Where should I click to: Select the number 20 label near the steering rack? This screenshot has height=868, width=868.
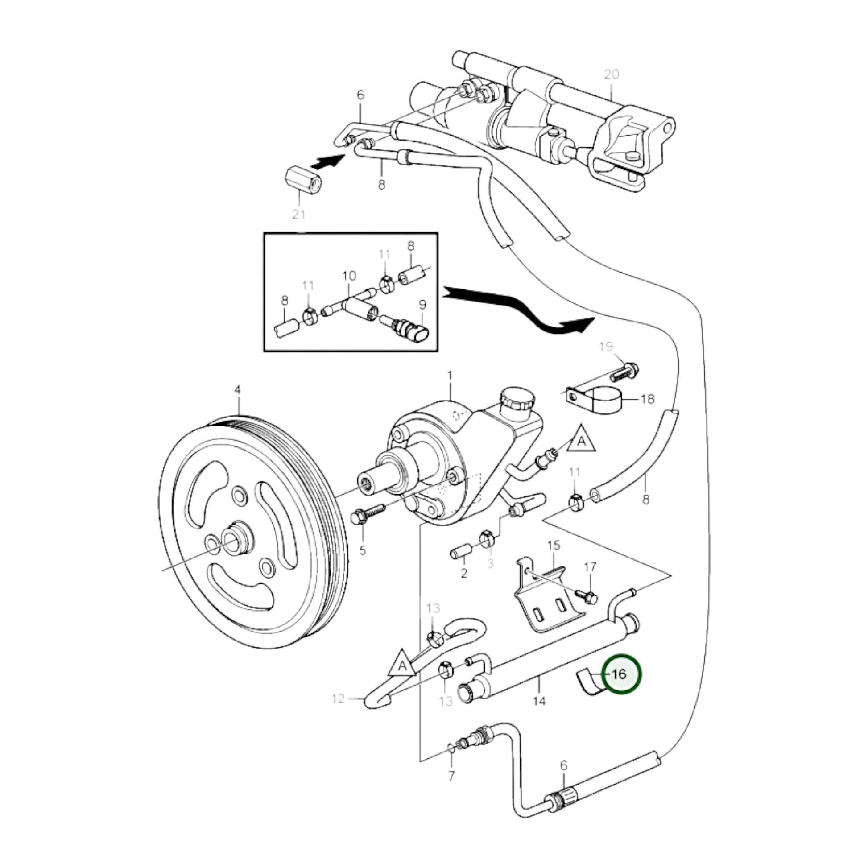(x=612, y=74)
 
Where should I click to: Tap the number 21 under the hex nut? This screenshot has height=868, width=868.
(x=298, y=214)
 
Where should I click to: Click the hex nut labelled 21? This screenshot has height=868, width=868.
(x=304, y=179)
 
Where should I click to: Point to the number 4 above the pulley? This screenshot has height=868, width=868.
(x=238, y=390)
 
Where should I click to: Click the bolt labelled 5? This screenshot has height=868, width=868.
(x=368, y=515)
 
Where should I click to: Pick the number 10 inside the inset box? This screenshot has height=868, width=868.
(x=349, y=276)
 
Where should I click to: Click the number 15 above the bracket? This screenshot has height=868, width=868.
(x=554, y=546)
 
